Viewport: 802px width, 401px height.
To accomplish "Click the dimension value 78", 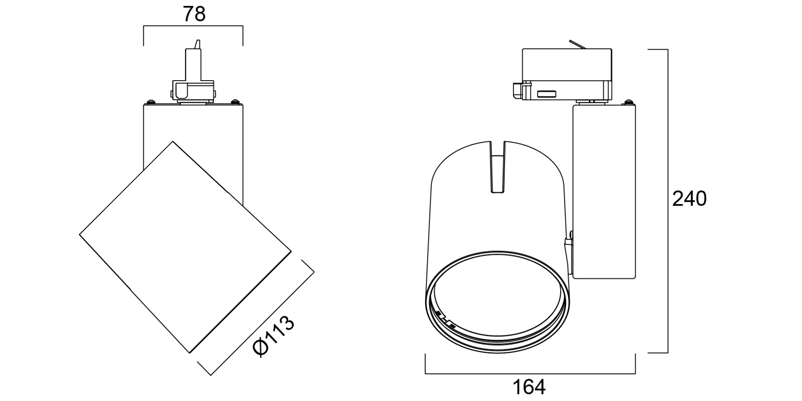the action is tap(194, 14).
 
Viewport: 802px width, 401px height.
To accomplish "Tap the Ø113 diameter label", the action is tap(274, 336).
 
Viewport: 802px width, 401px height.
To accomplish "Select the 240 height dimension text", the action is tap(689, 199).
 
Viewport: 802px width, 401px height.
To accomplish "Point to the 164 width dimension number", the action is tap(529, 387).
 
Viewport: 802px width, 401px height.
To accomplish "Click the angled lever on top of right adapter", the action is tap(579, 45).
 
